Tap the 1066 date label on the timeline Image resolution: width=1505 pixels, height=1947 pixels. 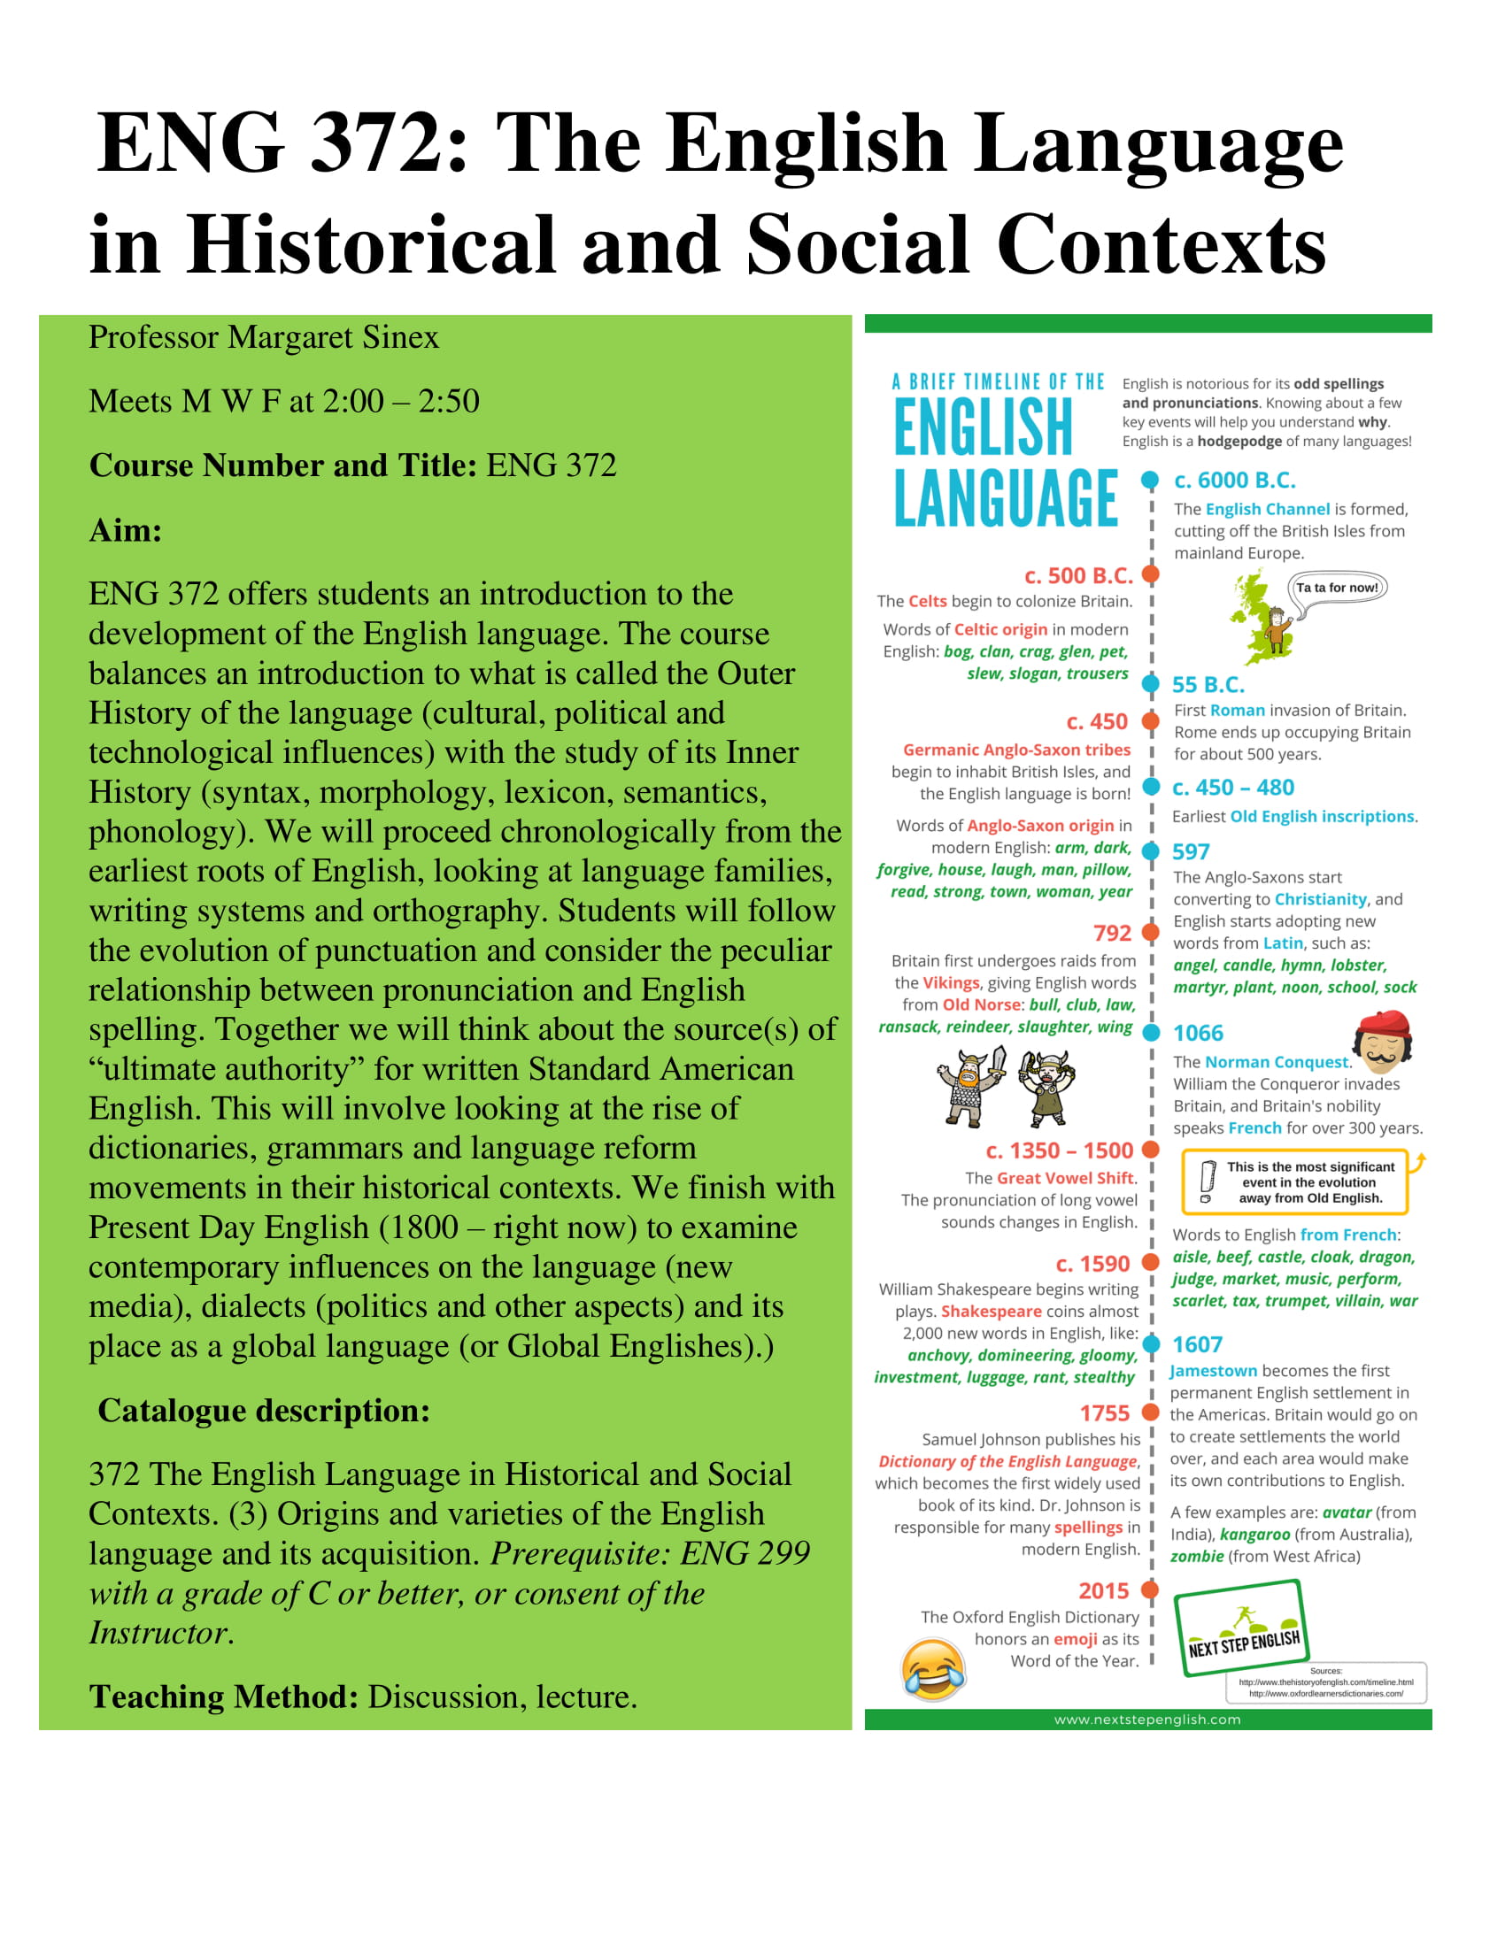[x=1198, y=1033]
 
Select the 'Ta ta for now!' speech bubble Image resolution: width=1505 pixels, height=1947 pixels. [x=1338, y=589]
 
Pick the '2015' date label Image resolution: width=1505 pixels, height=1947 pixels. [x=1103, y=1591]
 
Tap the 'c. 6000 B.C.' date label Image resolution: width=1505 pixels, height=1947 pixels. [x=1234, y=481]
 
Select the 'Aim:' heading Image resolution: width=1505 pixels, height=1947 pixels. [x=126, y=530]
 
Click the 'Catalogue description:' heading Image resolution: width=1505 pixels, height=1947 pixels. [x=264, y=1412]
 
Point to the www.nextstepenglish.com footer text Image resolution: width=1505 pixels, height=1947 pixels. [x=1147, y=1720]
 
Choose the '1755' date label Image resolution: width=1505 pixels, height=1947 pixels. [x=1104, y=1414]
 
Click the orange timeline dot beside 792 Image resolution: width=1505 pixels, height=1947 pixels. [x=1151, y=933]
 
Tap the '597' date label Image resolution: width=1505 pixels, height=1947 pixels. [x=1190, y=852]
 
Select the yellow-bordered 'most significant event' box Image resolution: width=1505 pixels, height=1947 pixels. [x=1294, y=1183]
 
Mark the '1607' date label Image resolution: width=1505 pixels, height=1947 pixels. [x=1197, y=1344]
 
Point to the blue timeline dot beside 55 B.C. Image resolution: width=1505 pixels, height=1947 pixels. [x=1151, y=685]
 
